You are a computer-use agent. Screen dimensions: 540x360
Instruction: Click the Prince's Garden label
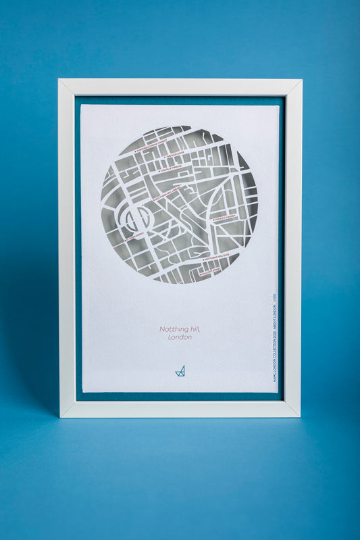click(225, 218)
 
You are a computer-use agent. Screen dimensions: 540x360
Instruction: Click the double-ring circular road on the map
click(135, 218)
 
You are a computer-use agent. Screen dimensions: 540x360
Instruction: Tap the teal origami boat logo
click(180, 370)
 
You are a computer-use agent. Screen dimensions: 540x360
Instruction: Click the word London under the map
click(180, 337)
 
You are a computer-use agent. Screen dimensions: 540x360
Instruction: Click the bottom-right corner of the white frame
click(300, 416)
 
